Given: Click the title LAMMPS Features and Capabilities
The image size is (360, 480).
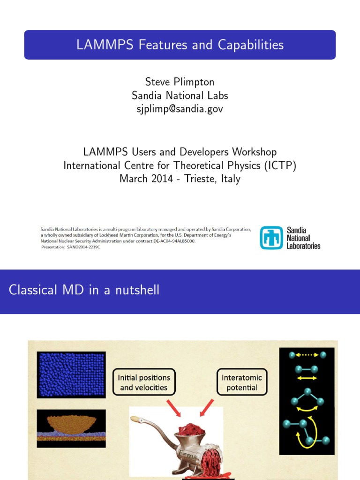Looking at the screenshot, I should point(180,45).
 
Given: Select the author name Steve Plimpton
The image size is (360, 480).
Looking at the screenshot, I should point(180,82).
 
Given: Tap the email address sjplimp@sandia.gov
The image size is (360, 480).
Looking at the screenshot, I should point(180,109).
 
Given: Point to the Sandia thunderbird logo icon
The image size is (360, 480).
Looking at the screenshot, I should point(272,238).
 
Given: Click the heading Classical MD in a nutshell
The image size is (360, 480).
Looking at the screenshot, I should point(84,290).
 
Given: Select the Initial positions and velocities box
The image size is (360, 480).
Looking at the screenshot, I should point(144,382).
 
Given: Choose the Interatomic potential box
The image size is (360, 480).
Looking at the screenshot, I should point(242,382).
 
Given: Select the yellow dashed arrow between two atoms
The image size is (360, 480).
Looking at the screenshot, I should point(307,355).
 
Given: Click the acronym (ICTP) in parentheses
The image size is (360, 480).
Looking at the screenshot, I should point(278,165).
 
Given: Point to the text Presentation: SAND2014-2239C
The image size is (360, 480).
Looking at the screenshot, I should point(71,247).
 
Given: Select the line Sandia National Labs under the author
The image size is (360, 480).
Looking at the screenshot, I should point(180,96).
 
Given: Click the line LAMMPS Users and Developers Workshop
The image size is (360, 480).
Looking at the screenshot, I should point(180,152).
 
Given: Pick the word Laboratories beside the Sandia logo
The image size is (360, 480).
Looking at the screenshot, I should point(303,246).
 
